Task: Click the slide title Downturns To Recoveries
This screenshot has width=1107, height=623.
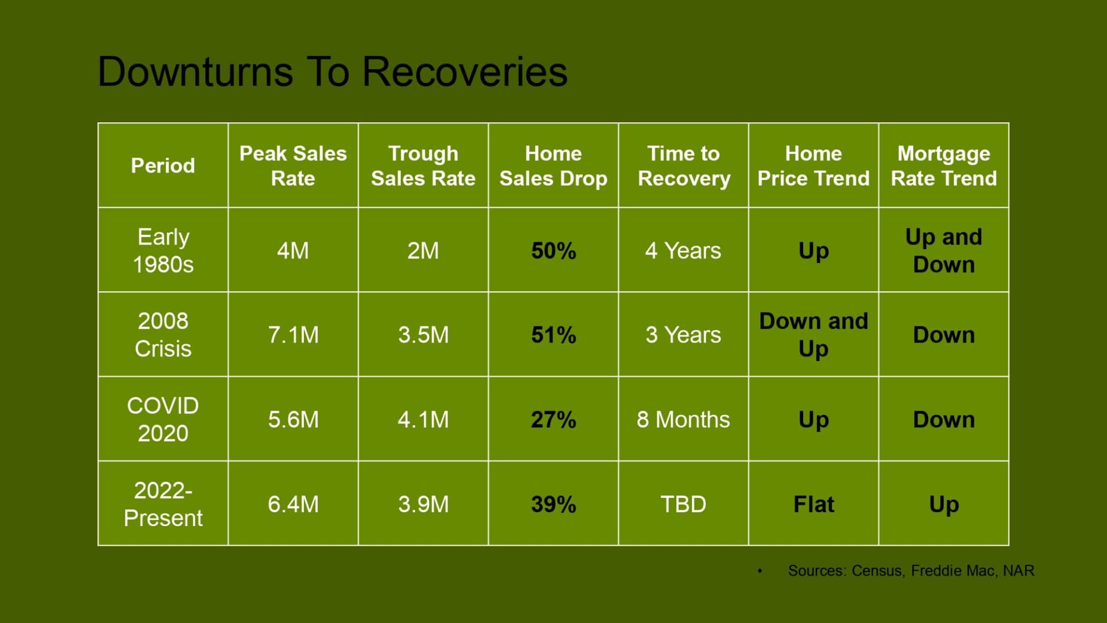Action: [333, 72]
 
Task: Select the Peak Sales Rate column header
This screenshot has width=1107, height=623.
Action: [293, 166]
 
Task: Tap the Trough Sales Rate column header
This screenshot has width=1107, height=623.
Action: [423, 166]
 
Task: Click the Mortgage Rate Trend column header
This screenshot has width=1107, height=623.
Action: [944, 166]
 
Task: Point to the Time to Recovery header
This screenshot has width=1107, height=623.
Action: [684, 166]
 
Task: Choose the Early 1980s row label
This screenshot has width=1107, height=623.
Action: [163, 250]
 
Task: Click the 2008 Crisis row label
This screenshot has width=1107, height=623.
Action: [163, 335]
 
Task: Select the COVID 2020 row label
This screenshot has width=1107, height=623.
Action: [163, 419]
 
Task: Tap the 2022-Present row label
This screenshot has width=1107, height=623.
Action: [163, 504]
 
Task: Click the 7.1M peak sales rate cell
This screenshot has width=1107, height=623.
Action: [293, 335]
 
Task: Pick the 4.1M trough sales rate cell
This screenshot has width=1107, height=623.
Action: [423, 420]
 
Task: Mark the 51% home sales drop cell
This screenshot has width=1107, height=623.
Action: [553, 335]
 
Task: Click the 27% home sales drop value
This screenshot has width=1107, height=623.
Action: [553, 420]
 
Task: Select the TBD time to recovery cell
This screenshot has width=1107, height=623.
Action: [683, 504]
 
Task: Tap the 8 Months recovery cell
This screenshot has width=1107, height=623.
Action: [683, 420]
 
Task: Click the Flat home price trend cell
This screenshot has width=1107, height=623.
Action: [814, 504]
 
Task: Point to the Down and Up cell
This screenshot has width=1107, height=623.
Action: [814, 335]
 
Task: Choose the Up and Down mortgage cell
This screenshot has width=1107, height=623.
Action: [944, 250]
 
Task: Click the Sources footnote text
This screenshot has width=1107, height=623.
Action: [911, 571]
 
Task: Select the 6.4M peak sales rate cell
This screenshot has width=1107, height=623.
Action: [293, 504]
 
